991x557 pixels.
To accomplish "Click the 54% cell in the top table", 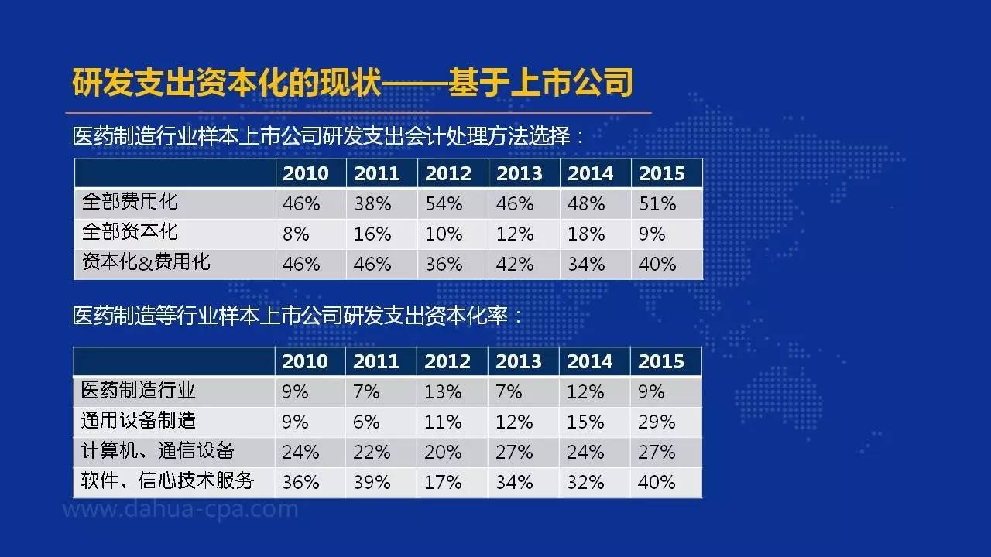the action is click(x=444, y=203).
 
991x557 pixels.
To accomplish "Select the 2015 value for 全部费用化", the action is click(x=657, y=203).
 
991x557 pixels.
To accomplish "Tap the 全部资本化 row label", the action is click(x=129, y=231).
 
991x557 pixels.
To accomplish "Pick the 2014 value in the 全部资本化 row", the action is click(x=586, y=234).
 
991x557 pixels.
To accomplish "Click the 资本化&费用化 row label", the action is click(x=146, y=261).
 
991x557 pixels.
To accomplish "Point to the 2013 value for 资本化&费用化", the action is click(x=515, y=265).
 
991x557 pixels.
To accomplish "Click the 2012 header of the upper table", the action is click(x=448, y=173).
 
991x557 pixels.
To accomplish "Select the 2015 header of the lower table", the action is click(x=661, y=361).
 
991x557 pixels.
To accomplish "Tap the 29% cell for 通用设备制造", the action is click(x=657, y=422).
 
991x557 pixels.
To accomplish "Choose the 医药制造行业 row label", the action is click(x=138, y=391).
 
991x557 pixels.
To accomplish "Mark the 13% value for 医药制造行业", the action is click(x=443, y=392).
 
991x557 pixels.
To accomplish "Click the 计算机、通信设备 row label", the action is click(x=157, y=450).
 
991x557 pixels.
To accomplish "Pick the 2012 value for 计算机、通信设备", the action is click(x=443, y=453).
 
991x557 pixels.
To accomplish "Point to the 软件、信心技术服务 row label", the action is click(x=168, y=480).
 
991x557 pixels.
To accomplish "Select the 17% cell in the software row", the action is click(x=443, y=482).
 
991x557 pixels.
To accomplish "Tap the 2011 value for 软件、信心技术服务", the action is click(x=372, y=482).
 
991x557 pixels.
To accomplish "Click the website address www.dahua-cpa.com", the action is click(x=180, y=510).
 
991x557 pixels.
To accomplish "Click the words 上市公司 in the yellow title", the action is click(x=571, y=82).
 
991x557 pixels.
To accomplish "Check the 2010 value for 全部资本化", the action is click(x=296, y=234).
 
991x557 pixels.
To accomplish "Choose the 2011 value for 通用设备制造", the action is click(x=366, y=422).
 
